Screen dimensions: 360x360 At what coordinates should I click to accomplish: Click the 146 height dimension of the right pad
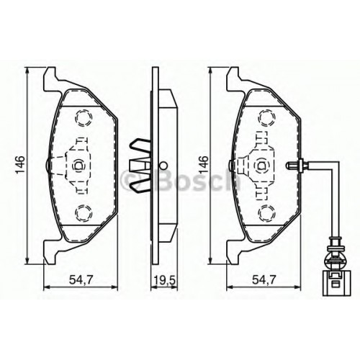pyautogui.click(x=203, y=165)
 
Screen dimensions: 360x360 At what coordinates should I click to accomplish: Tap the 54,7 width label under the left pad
pyautogui.click(x=81, y=280)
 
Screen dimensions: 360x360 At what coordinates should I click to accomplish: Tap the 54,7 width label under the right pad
pyautogui.click(x=264, y=280)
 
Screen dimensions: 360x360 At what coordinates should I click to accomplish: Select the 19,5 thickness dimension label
pyautogui.click(x=165, y=280)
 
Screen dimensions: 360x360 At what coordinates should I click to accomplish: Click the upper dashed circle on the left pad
pyautogui.click(x=84, y=117)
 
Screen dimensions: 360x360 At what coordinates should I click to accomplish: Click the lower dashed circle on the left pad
pyautogui.click(x=84, y=212)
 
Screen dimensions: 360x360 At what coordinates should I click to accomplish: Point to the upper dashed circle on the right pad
pyautogui.click(x=266, y=117)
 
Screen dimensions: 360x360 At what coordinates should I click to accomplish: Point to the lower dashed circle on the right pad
pyautogui.click(x=266, y=212)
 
